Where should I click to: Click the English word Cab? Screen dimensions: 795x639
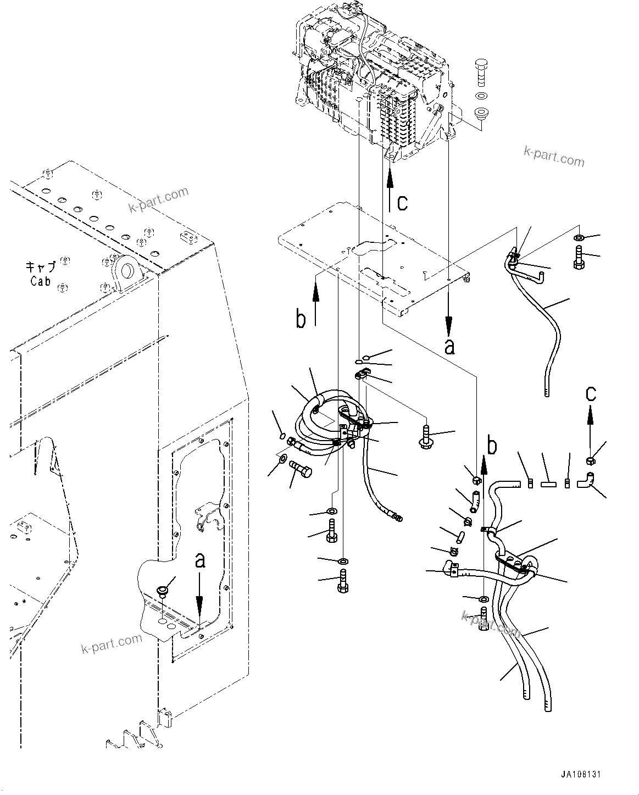click(x=41, y=281)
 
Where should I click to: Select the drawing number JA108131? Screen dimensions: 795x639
click(x=581, y=774)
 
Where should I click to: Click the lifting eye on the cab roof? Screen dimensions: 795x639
click(x=126, y=271)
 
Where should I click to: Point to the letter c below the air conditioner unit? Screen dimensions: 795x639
click(x=403, y=202)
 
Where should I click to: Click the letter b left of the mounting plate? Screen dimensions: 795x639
click(x=301, y=319)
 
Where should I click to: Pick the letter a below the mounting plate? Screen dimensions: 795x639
click(x=450, y=347)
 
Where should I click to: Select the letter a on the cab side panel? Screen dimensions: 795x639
click(x=201, y=560)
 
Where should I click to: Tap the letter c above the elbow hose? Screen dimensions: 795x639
click(x=590, y=393)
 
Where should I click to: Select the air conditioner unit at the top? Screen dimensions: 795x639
click(x=374, y=82)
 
